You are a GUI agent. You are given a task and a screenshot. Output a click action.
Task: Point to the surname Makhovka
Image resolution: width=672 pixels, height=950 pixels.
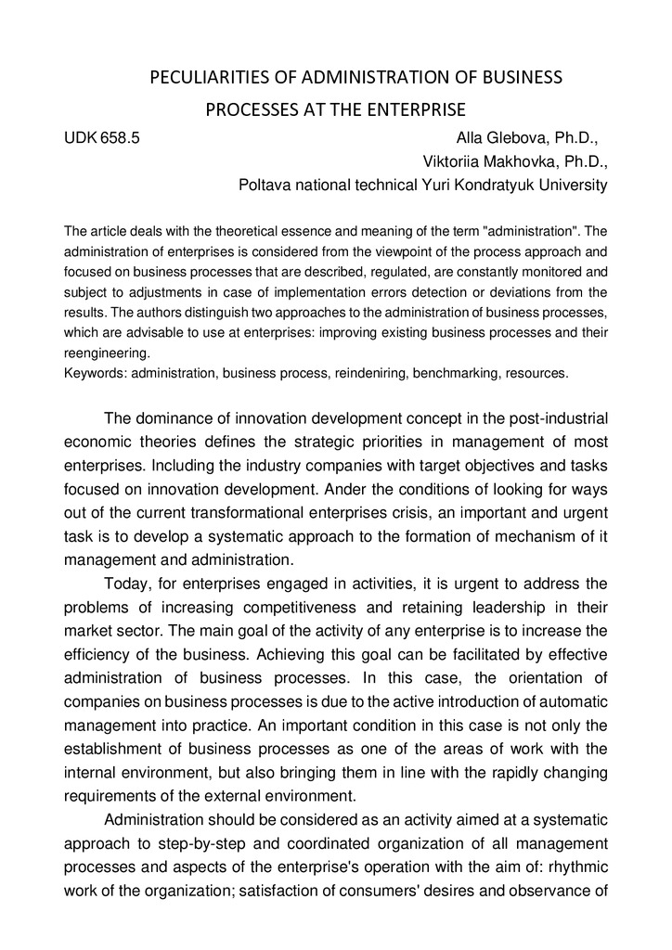click(510, 161)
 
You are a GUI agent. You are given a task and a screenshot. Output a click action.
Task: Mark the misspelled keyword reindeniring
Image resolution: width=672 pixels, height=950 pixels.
click(346, 374)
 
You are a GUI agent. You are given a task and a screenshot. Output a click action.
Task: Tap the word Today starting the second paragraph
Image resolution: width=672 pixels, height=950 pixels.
click(127, 584)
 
